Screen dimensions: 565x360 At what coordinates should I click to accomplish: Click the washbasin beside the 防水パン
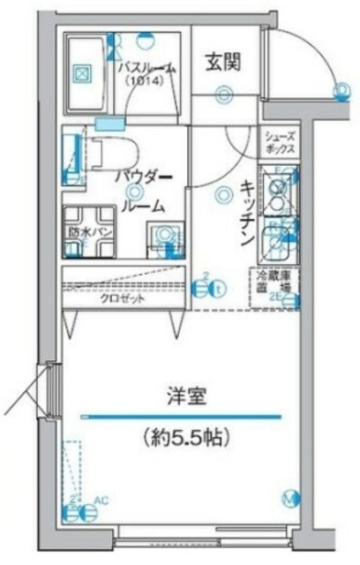pyautogui.click(x=161, y=237)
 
